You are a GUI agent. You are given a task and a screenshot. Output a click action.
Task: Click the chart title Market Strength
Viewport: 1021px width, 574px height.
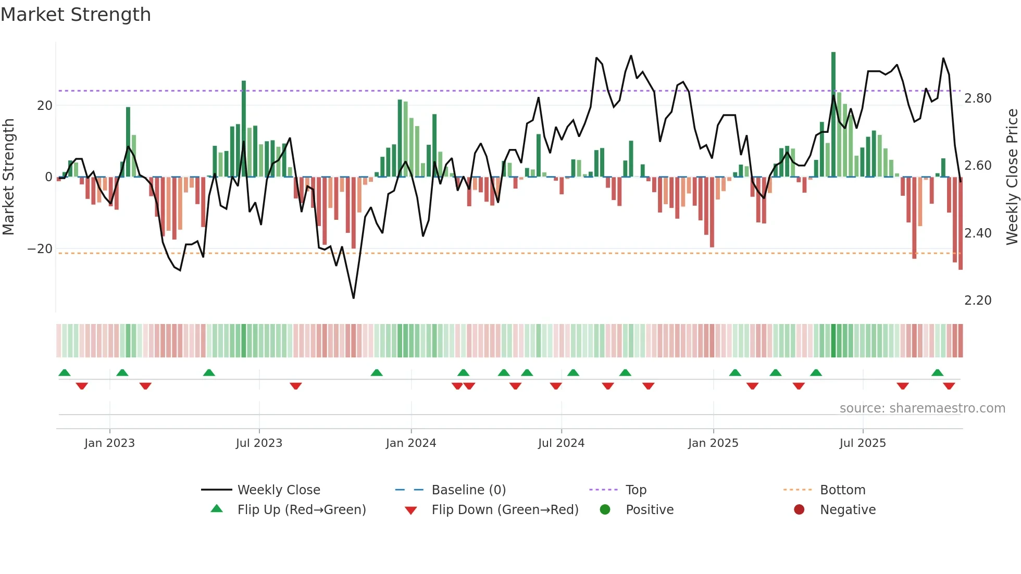tap(76, 15)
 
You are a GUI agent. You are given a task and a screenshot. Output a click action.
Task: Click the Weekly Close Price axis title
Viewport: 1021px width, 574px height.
tap(1012, 177)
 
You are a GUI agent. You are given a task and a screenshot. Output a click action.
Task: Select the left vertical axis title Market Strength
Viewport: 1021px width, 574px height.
tap(8, 177)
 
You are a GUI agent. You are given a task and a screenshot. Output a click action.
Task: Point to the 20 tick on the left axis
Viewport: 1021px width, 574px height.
tap(45, 106)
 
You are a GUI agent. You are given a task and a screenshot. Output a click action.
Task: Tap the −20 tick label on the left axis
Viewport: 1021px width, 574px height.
tap(40, 249)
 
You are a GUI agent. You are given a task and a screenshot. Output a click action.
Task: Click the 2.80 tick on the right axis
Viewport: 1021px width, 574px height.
tap(978, 98)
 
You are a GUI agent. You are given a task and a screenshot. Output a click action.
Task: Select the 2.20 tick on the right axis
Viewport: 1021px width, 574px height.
tap(978, 301)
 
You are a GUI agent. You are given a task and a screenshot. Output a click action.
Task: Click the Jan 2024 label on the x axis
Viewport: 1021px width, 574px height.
tap(411, 443)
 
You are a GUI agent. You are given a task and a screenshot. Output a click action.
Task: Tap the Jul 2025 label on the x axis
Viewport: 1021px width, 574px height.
tap(863, 443)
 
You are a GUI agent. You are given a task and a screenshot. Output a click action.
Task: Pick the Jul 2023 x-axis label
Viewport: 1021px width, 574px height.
tap(259, 443)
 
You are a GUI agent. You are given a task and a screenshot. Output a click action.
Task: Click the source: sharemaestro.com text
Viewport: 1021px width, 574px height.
tap(922, 408)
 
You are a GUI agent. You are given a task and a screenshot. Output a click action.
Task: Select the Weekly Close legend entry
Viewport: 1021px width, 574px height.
tap(279, 490)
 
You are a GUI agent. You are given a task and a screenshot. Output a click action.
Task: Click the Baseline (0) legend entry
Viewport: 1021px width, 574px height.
tap(468, 490)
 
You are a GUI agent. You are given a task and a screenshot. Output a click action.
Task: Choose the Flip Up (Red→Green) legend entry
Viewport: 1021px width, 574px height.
tap(302, 510)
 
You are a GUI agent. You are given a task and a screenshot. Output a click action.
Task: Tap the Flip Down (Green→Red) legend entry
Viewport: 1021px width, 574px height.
tap(505, 510)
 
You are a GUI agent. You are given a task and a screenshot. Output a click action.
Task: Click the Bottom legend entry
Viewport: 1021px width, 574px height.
tap(842, 490)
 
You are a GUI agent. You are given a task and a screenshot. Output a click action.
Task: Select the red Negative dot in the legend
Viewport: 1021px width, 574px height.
tap(799, 510)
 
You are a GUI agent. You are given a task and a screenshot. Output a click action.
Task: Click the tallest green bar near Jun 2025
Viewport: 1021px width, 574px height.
tap(833, 115)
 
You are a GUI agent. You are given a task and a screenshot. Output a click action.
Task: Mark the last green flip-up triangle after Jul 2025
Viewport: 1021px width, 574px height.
tap(937, 373)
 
